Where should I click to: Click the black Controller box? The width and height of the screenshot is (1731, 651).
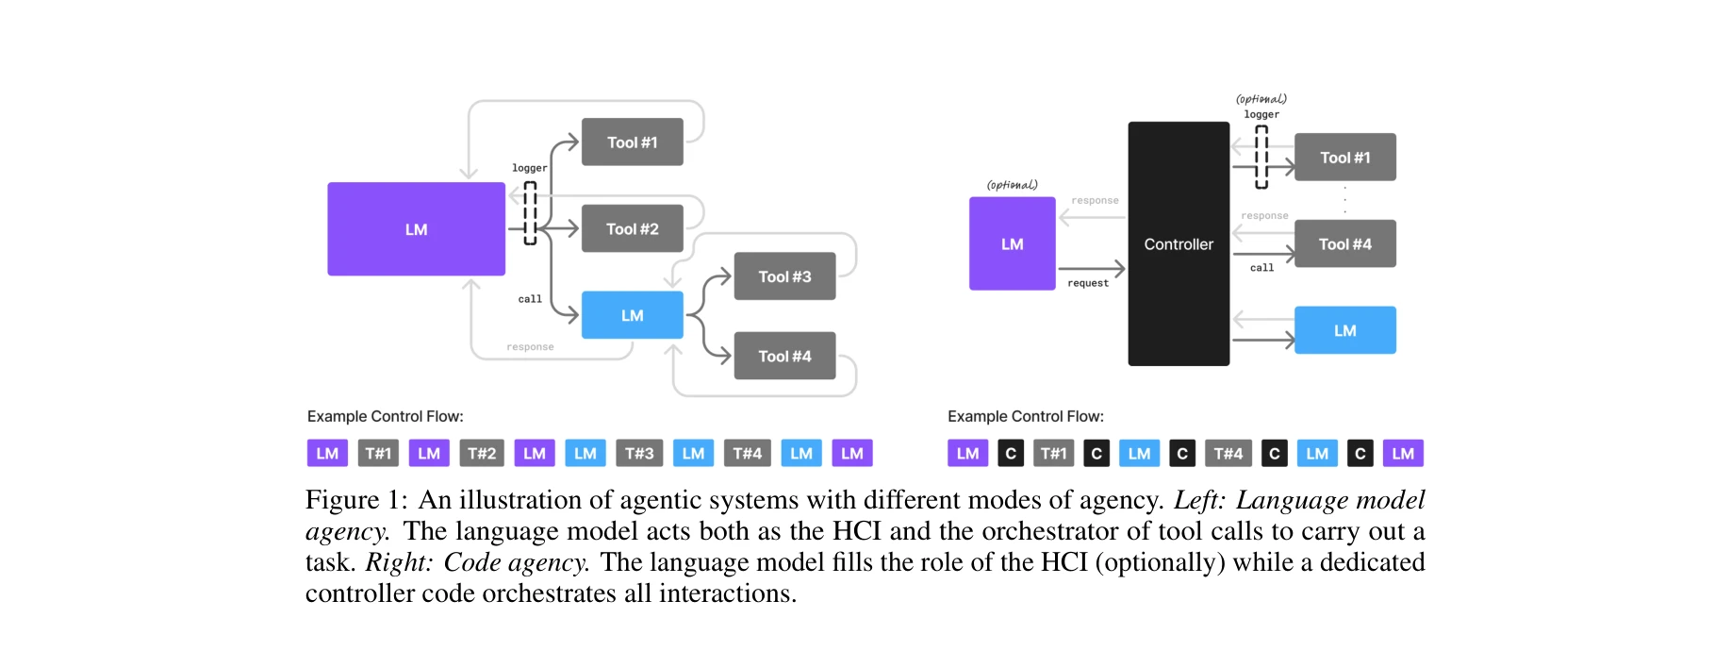tap(1179, 243)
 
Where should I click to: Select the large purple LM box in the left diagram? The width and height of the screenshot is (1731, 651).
tap(416, 229)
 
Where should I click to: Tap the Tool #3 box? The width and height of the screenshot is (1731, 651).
tap(784, 276)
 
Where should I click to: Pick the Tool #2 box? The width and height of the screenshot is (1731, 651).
tap(632, 228)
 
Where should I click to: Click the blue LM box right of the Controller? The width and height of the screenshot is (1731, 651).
tap(1344, 330)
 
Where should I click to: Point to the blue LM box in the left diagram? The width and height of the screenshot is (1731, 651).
tap(632, 315)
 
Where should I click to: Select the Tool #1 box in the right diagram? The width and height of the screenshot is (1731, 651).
tap(1344, 158)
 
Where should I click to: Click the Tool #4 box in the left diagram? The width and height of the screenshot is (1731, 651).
tap(784, 356)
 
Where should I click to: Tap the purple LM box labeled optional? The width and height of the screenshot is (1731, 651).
tap(1012, 243)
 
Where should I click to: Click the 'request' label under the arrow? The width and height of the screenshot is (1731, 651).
tap(1088, 283)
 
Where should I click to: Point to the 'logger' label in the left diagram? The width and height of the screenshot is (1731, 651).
tap(529, 168)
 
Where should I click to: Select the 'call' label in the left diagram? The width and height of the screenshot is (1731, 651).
tap(530, 299)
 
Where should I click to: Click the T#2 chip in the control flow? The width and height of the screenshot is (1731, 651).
tap(482, 453)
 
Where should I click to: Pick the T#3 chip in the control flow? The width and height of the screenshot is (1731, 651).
tap(639, 453)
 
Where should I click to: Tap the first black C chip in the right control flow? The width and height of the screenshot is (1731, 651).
tap(1011, 453)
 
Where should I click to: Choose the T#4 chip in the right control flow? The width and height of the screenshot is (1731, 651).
tap(1228, 453)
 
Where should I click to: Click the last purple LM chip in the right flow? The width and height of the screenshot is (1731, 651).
tap(1403, 453)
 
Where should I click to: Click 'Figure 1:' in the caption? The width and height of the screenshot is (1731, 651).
tap(356, 499)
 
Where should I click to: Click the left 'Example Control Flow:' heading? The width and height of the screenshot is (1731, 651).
tap(385, 416)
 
